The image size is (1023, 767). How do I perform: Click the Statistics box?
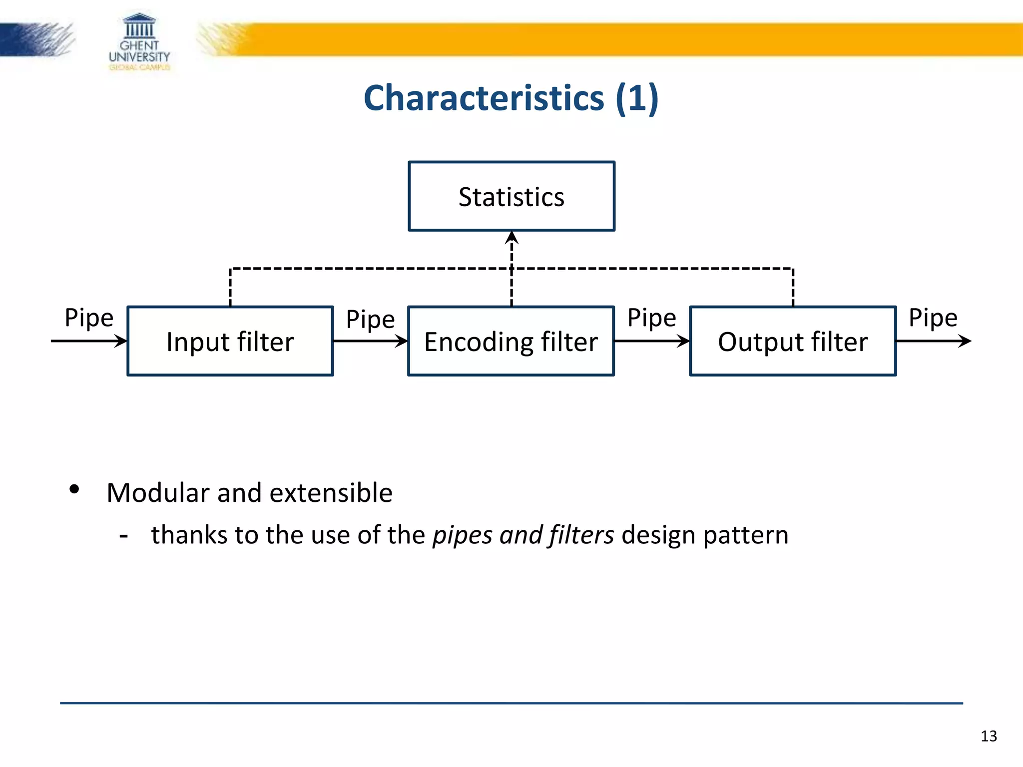(x=511, y=196)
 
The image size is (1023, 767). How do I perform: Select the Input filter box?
(x=230, y=341)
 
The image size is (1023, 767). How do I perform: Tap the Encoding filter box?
(x=511, y=341)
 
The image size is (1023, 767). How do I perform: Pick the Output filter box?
(x=793, y=341)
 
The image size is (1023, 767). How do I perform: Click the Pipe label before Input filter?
(x=89, y=318)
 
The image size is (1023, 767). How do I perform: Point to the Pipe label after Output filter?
(x=933, y=318)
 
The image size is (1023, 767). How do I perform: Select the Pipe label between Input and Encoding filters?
(x=370, y=320)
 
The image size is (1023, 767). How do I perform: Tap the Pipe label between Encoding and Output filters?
(x=651, y=318)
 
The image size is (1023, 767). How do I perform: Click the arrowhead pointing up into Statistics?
(x=511, y=238)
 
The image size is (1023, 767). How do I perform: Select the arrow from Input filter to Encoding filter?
(x=370, y=341)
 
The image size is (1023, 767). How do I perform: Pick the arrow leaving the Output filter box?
(x=933, y=341)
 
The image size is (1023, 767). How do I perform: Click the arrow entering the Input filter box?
(x=89, y=341)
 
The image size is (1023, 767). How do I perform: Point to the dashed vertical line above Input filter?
(x=230, y=288)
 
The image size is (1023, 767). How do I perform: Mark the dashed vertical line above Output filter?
(x=793, y=288)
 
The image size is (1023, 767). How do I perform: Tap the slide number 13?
(x=989, y=736)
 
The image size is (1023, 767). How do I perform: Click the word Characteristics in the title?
(x=484, y=98)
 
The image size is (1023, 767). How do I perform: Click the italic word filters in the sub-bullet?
(x=581, y=535)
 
